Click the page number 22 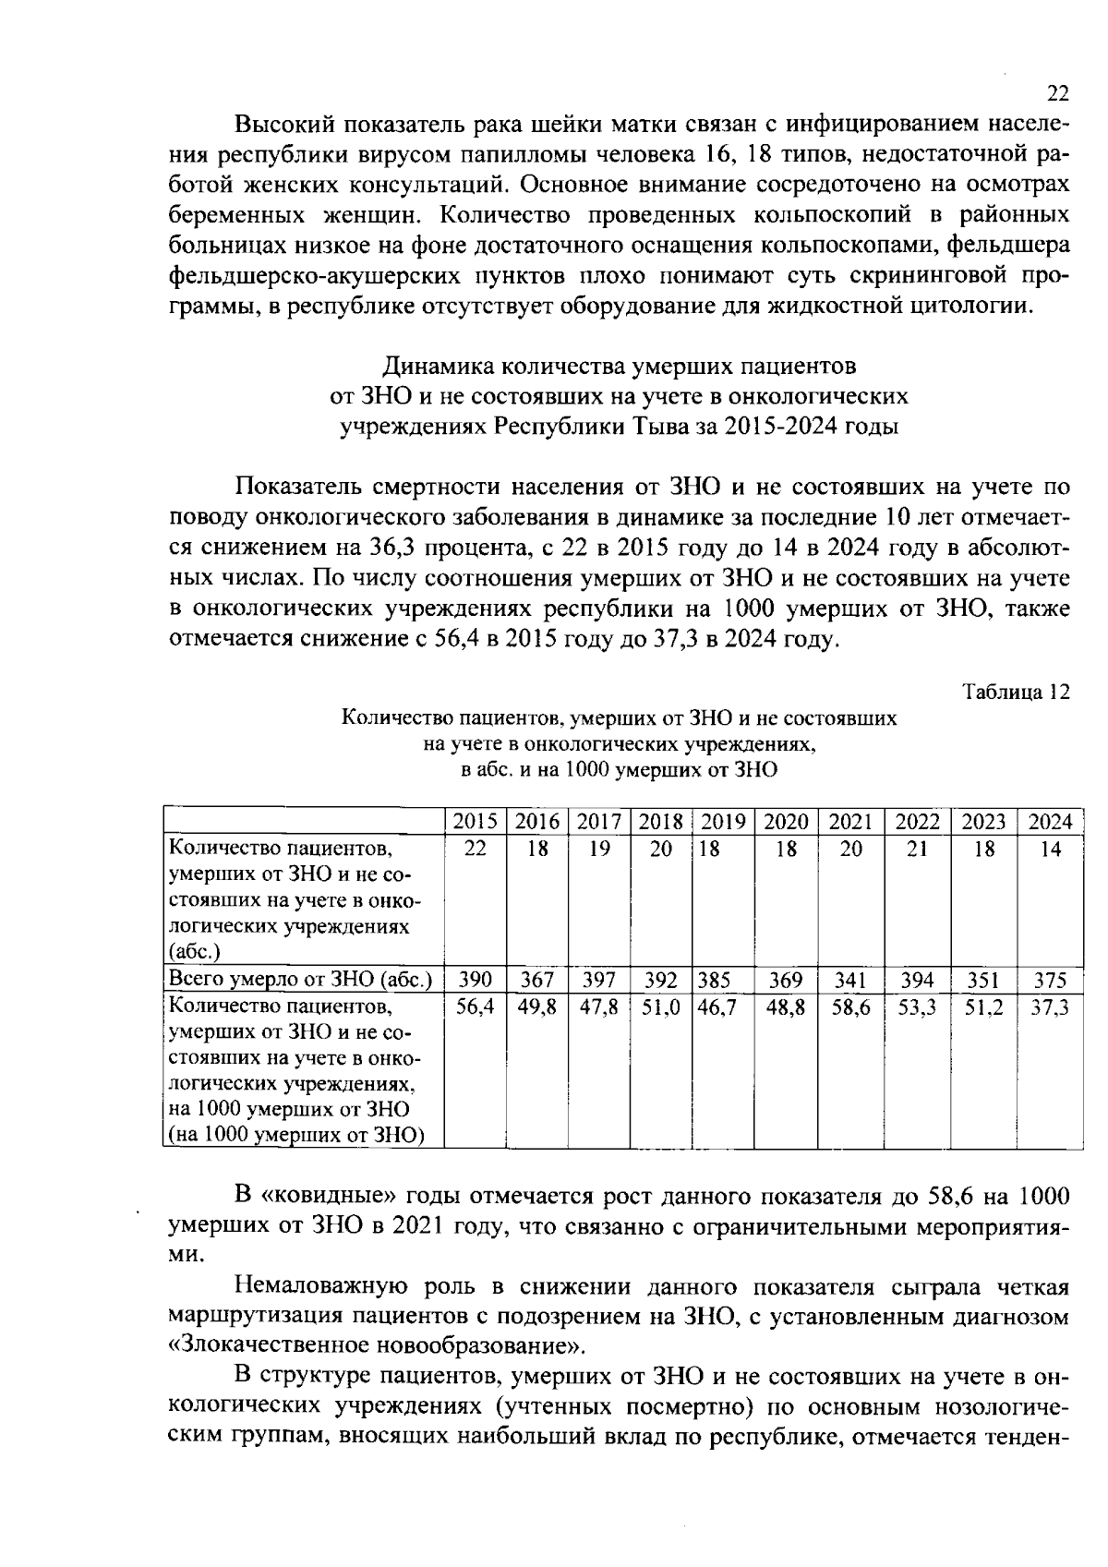click(1057, 93)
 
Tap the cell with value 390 click(476, 980)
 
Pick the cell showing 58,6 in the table click(850, 1008)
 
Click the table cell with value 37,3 click(1050, 1008)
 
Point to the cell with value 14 click(1050, 850)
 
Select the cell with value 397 click(598, 980)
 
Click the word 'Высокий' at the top click(282, 124)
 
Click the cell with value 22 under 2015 click(476, 850)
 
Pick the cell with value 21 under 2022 click(917, 850)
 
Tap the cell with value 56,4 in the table click(476, 1008)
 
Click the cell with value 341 click(850, 980)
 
